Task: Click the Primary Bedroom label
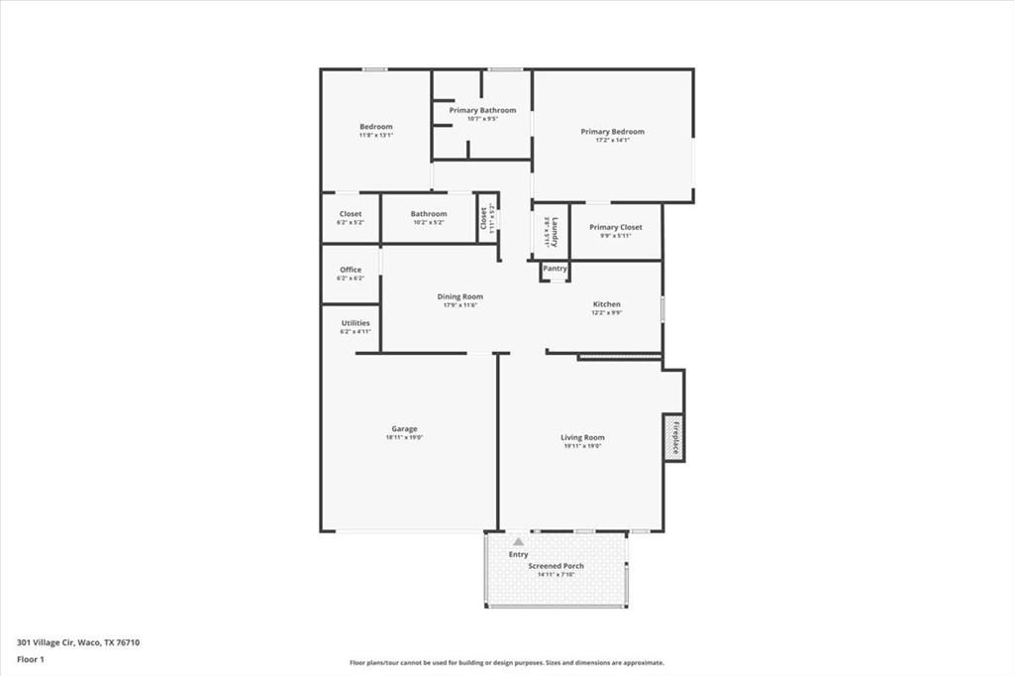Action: pos(612,132)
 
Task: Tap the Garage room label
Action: pos(403,429)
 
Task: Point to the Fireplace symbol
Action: pos(674,437)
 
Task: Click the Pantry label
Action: pos(555,269)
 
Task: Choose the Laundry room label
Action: pos(556,233)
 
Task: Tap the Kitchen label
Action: pos(606,304)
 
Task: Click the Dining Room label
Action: pos(459,296)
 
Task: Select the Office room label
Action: pos(351,270)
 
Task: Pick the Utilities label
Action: pos(355,322)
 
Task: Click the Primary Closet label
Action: pos(615,227)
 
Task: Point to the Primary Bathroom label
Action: pos(482,110)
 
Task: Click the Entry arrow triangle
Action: pos(518,542)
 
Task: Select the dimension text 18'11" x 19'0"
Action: pos(404,437)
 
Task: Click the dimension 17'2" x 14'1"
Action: pos(612,141)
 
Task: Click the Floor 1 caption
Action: pos(31,658)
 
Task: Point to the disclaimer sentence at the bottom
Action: pos(506,663)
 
